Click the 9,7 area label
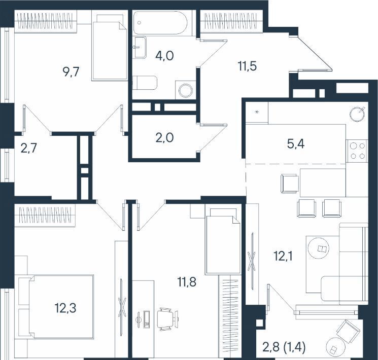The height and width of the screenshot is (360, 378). point(71,72)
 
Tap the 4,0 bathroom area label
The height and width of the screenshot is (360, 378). point(165,56)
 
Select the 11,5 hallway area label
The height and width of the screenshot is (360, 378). point(248,66)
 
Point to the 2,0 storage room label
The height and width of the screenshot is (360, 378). point(165,138)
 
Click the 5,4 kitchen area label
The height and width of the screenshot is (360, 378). point(296,144)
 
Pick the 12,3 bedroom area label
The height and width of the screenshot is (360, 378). point(65,308)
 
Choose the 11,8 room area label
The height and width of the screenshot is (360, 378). point(187,282)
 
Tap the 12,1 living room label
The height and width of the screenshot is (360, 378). point(283,256)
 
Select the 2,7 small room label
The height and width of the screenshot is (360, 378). point(29,148)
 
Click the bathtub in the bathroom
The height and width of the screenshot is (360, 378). point(160,23)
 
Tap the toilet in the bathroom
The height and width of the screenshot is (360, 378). point(145,83)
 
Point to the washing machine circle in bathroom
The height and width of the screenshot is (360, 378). point(186,90)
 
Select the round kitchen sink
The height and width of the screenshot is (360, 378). point(358,114)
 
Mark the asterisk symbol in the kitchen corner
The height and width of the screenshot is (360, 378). point(257,112)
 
